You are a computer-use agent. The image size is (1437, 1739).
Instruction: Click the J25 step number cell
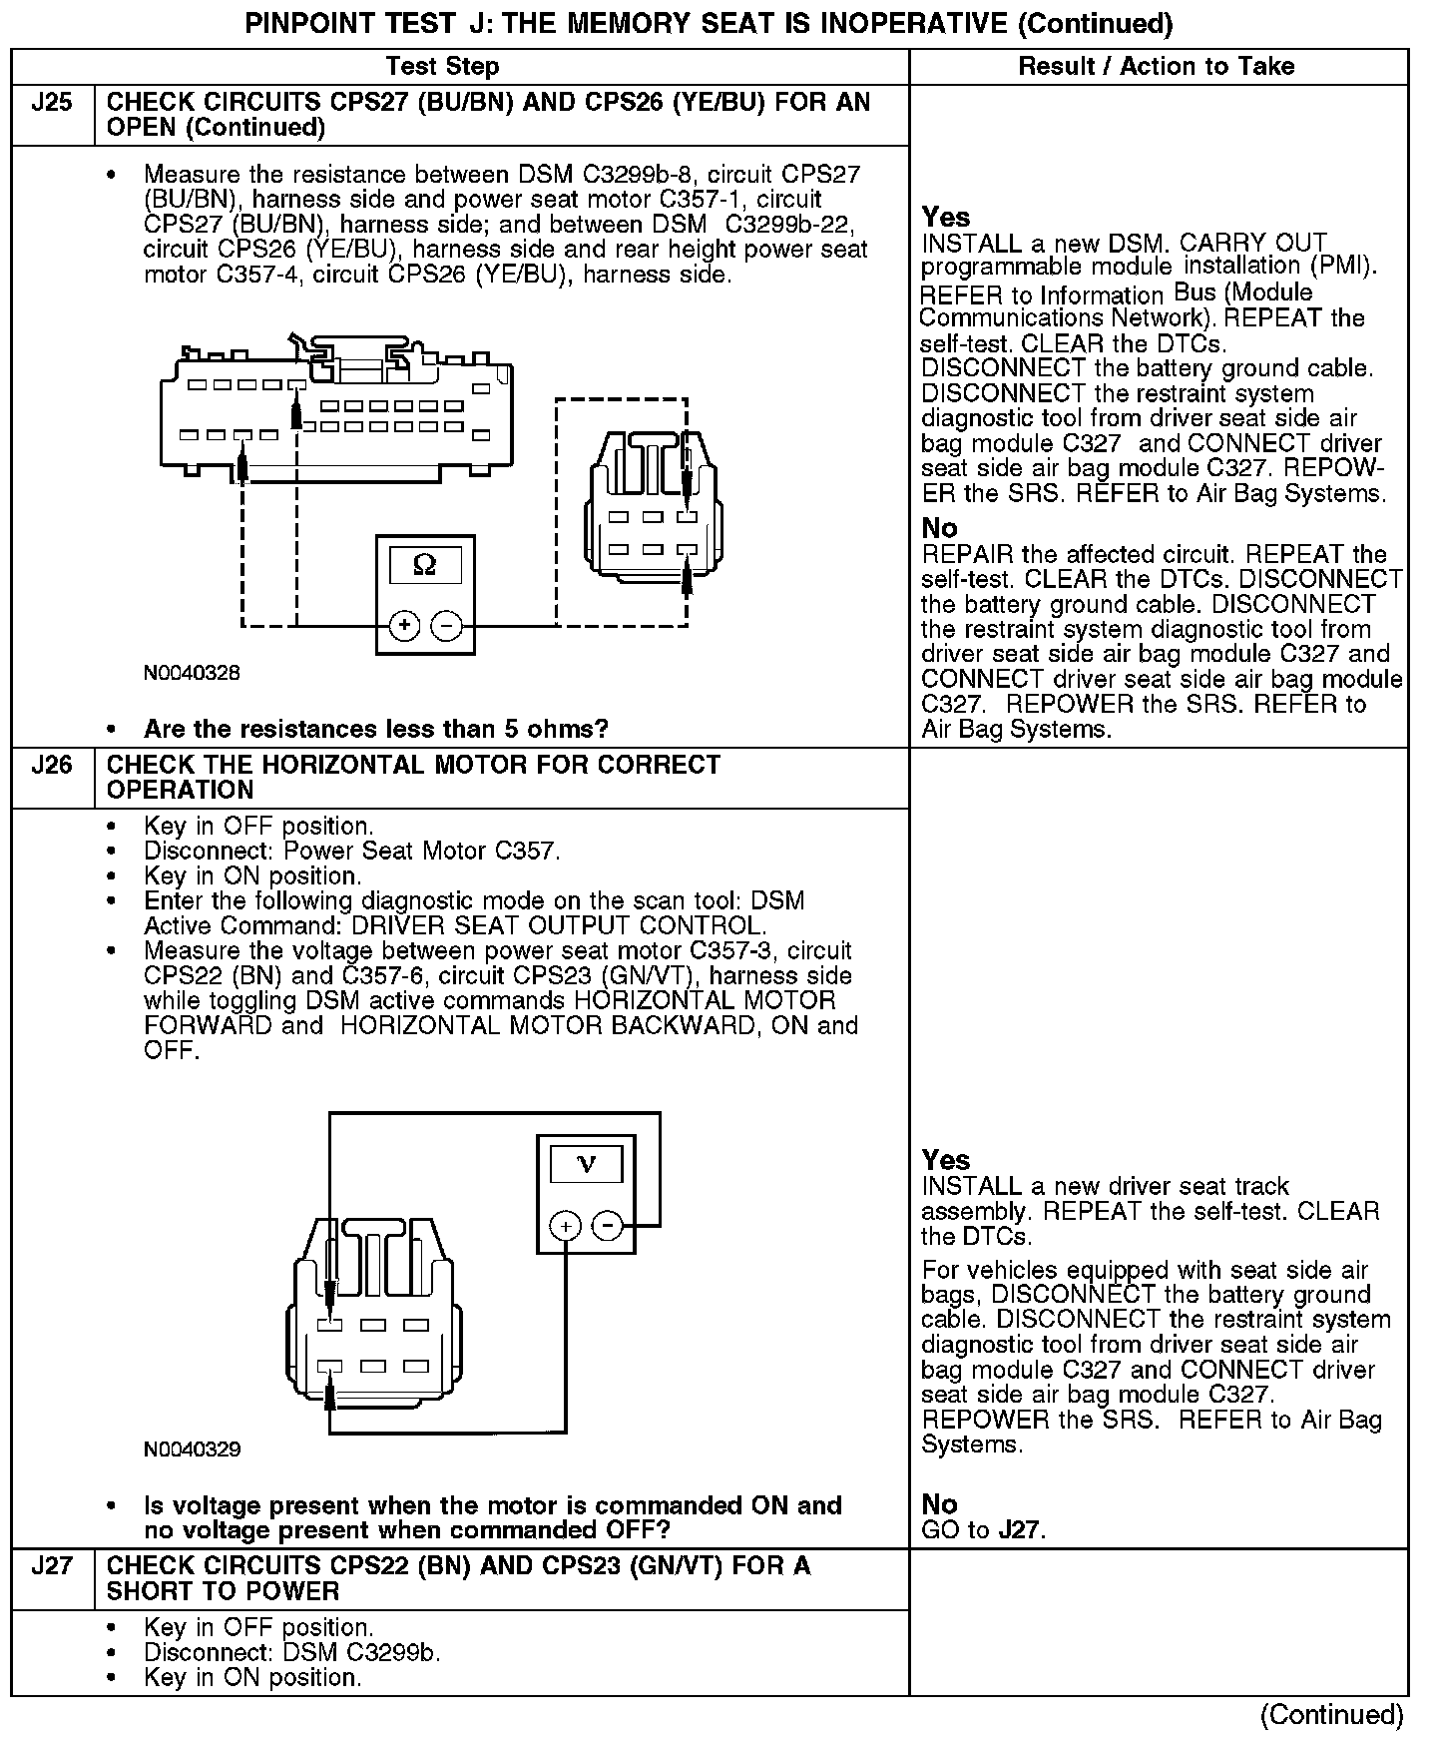(x=52, y=103)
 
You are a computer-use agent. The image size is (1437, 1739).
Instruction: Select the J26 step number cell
(x=52, y=766)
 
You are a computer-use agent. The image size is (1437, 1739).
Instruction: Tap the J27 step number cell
(x=52, y=1565)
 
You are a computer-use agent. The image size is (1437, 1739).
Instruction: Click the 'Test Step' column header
(x=442, y=66)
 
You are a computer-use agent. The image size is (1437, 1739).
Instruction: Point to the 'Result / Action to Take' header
(x=1157, y=66)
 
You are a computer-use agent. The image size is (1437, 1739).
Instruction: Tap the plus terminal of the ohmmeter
(x=404, y=626)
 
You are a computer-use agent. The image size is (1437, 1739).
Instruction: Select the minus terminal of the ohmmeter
(x=447, y=626)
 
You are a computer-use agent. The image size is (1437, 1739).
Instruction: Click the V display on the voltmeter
(x=586, y=1164)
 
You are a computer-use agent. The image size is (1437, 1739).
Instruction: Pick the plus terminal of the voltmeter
(x=566, y=1225)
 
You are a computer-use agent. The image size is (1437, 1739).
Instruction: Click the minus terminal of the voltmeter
(x=608, y=1225)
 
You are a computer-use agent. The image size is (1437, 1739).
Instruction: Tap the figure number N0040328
(x=193, y=673)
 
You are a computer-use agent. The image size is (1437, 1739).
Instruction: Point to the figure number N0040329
(x=193, y=1449)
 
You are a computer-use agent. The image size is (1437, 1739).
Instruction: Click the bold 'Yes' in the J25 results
(x=945, y=218)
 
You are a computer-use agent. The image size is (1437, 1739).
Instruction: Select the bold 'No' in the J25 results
(x=939, y=528)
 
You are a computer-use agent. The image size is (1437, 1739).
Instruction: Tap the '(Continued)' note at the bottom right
(x=1331, y=1715)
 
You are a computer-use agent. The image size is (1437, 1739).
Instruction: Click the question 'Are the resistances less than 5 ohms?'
(x=375, y=729)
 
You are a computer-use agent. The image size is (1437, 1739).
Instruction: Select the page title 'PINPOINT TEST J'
(x=709, y=24)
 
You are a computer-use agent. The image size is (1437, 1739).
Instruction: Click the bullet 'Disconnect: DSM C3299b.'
(x=292, y=1652)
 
